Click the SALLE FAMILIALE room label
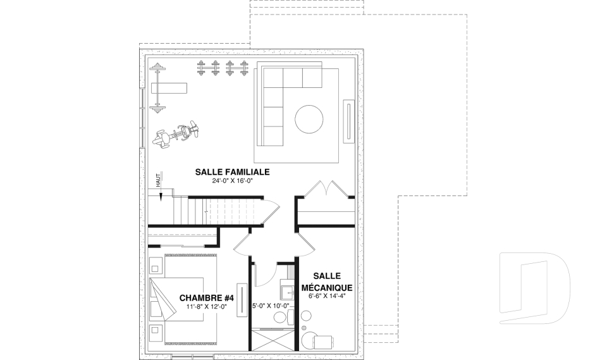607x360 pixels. click(x=233, y=171)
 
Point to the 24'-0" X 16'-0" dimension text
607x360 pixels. click(x=233, y=181)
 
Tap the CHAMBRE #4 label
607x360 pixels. click(x=207, y=298)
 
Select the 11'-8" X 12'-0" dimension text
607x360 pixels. click(x=207, y=307)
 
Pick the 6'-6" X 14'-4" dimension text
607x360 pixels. click(x=326, y=295)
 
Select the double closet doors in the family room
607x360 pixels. click(x=322, y=188)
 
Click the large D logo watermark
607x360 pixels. click(x=535, y=289)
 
